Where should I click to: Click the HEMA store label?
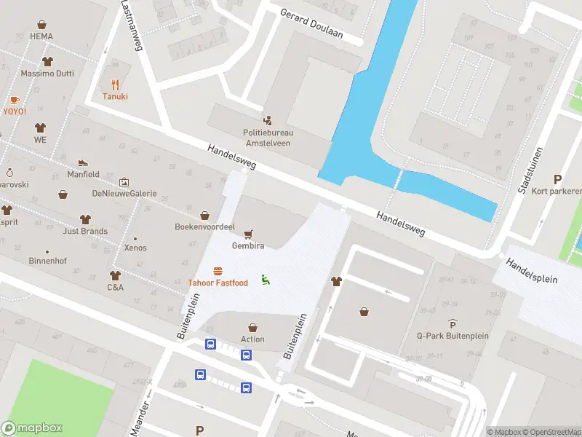[41, 35]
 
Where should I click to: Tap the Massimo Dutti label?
[48, 74]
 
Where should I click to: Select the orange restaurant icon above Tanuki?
[115, 84]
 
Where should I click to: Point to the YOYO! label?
[15, 111]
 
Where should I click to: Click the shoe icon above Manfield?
[83, 162]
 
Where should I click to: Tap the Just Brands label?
[85, 232]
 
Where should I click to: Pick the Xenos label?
[135, 248]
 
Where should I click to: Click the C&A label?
[115, 287]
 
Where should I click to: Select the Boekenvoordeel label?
[204, 227]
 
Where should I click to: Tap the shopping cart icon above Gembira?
[248, 234]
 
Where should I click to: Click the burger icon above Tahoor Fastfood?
[218, 272]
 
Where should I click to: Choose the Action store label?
[252, 339]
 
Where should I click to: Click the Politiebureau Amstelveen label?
[268, 138]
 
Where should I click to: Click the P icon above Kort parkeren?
[558, 179]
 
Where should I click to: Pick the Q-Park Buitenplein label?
[453, 336]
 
